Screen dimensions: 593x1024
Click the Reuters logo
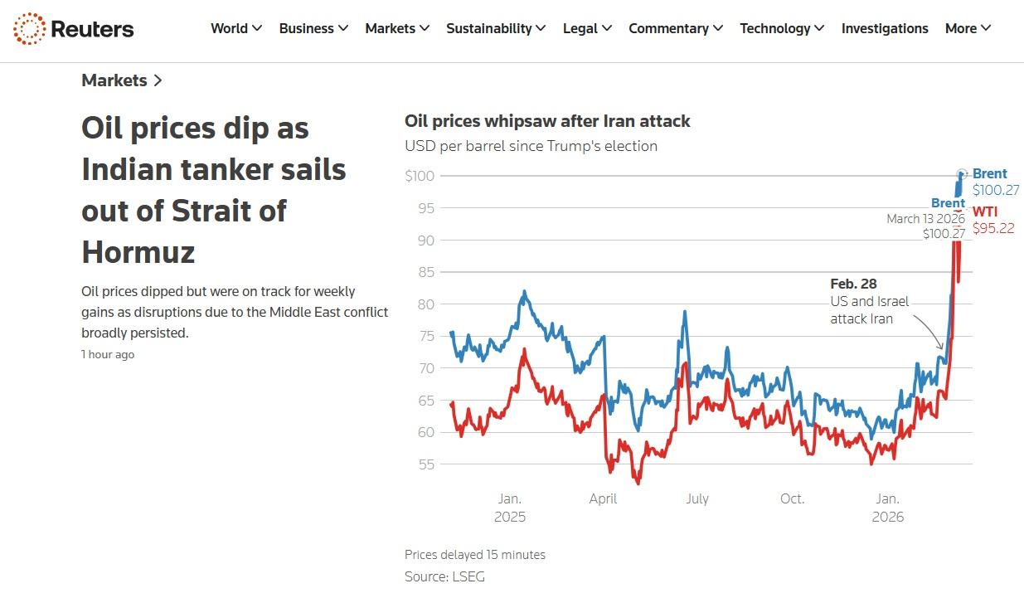click(x=73, y=29)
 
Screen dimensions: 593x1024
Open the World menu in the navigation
click(x=235, y=28)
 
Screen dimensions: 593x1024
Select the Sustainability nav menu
click(x=495, y=28)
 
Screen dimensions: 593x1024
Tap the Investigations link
click(x=884, y=28)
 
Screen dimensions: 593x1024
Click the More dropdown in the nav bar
click(x=967, y=28)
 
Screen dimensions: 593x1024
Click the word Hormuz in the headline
click(x=138, y=251)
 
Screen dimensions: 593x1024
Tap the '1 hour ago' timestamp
click(x=108, y=354)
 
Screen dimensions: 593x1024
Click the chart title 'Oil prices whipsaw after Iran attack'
click(x=547, y=121)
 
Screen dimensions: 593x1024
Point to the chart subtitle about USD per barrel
click(x=531, y=146)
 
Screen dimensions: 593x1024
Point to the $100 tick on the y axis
click(x=420, y=176)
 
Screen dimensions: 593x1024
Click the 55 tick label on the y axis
click(x=426, y=464)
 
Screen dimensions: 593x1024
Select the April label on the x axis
click(x=603, y=499)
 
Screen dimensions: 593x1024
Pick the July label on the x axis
click(x=696, y=499)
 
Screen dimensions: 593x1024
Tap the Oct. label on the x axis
click(x=792, y=499)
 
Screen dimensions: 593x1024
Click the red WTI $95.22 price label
click(x=992, y=221)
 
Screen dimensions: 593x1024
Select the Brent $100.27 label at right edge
click(x=995, y=182)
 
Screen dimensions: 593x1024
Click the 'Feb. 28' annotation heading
click(x=853, y=284)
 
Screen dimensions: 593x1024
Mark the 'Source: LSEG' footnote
click(x=444, y=576)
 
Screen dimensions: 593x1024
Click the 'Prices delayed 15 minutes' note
click(x=475, y=555)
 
